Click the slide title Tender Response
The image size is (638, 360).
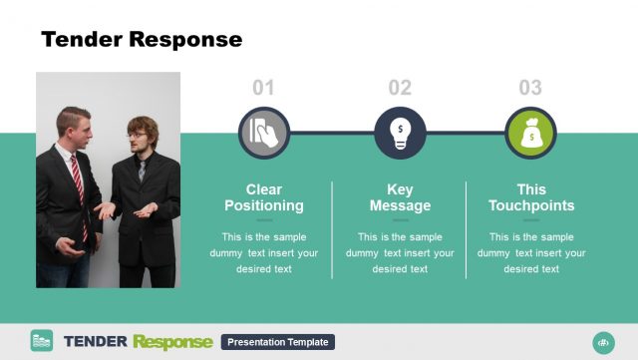[x=141, y=39]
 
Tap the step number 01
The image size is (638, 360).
[x=263, y=88]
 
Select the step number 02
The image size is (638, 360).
[x=400, y=88]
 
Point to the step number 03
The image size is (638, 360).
[x=530, y=88]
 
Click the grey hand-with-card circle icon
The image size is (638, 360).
[x=263, y=133]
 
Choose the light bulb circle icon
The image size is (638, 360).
[x=400, y=133]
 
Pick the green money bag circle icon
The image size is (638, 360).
[x=530, y=133]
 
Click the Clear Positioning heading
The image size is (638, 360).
[x=264, y=197]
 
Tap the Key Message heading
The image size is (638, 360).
[x=400, y=197]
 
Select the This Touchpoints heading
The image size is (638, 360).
[x=531, y=197]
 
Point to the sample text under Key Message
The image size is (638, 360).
[x=400, y=252]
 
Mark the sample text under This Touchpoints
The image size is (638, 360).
[x=531, y=252]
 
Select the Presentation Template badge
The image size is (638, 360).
[x=277, y=342]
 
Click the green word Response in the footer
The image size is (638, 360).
[x=173, y=342]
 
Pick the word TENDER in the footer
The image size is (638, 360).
[x=95, y=342]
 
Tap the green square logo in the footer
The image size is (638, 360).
[x=42, y=341]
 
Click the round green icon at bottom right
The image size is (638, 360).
[x=602, y=342]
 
